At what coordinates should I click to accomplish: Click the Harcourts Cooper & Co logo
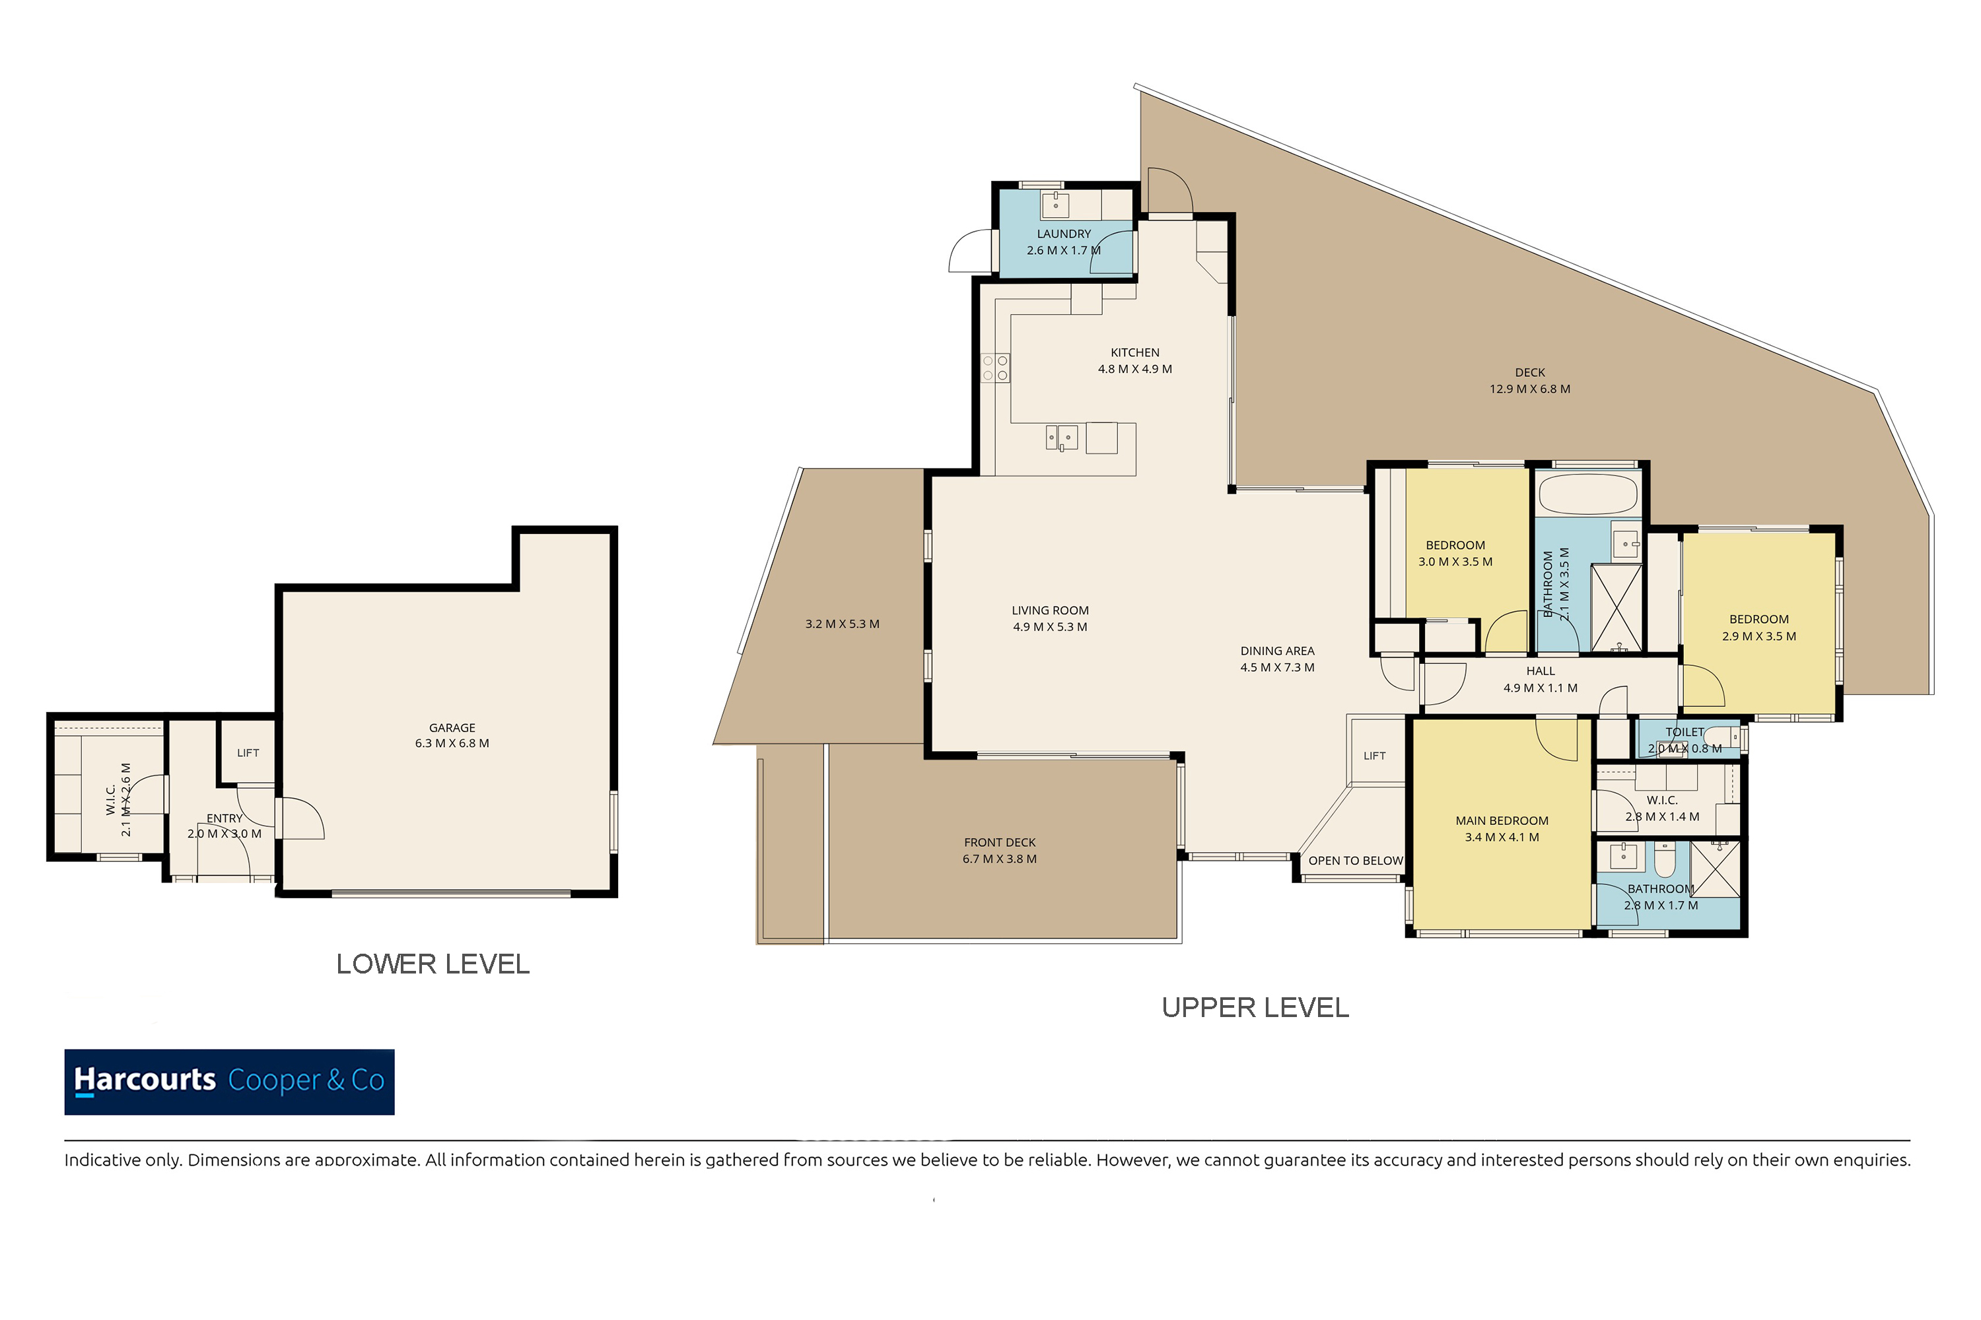229,1082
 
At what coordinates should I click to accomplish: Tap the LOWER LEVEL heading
433,964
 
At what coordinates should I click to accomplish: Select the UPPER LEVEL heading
1255,1008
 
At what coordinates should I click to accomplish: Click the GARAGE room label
452,727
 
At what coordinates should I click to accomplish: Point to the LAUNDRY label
1064,234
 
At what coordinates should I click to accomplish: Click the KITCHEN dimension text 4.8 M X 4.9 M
1134,369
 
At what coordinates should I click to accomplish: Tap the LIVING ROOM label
1051,610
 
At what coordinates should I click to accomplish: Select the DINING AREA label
1278,651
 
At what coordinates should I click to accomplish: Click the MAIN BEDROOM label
1502,821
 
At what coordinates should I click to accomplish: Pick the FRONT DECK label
1000,843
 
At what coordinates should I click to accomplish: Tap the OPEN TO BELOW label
1355,861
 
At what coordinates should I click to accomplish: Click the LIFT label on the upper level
1375,756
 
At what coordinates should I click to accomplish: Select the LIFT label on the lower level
248,752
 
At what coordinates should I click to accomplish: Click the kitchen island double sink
1061,438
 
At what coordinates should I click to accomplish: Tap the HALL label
1541,671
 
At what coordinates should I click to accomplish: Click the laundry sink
1055,205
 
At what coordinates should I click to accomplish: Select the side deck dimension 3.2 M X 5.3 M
843,624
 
